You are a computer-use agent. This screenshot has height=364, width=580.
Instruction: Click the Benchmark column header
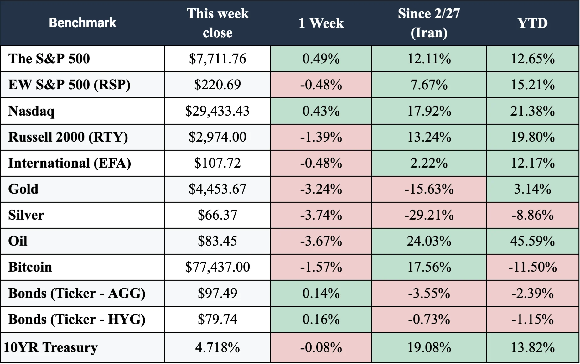(83, 23)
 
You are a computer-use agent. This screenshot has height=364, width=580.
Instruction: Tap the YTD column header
(532, 23)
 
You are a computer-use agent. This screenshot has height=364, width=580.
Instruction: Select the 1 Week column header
(321, 23)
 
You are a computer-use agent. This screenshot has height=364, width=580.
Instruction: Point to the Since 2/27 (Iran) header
(429, 23)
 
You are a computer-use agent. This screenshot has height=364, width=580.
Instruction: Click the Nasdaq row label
(31, 111)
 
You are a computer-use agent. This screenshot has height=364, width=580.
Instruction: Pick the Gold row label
(23, 189)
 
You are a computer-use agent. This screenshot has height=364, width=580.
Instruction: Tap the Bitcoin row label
(30, 267)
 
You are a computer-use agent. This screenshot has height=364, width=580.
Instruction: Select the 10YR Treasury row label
(50, 348)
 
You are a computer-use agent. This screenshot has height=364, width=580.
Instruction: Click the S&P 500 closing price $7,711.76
(218, 59)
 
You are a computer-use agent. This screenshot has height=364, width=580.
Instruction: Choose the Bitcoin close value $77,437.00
(218, 267)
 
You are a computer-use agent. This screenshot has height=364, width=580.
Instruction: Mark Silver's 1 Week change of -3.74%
(321, 215)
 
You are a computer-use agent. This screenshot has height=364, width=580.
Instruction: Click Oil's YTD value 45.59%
(532, 241)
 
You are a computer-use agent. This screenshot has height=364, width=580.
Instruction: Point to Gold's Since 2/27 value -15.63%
(429, 189)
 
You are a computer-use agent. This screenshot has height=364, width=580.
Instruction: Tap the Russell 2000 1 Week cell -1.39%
(321, 137)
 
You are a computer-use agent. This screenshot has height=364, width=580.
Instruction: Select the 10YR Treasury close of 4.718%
(218, 347)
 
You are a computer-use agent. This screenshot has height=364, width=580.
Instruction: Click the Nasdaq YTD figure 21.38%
(532, 111)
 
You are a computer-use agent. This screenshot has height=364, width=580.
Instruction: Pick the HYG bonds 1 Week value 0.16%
(321, 319)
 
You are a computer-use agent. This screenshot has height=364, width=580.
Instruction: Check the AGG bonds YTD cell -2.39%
(532, 293)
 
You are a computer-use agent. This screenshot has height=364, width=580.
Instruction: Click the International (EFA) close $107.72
(218, 163)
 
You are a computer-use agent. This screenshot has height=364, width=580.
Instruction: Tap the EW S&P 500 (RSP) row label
(69, 85)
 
